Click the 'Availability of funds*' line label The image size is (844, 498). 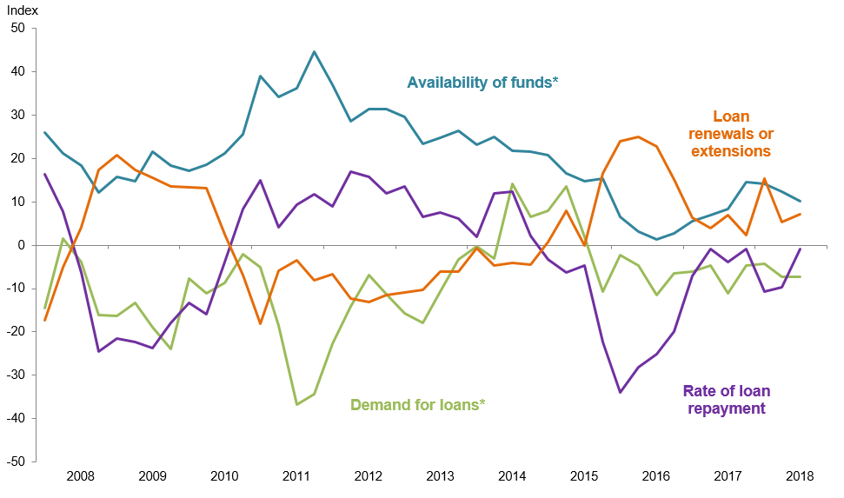(x=482, y=83)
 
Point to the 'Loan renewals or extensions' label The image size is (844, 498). (x=730, y=133)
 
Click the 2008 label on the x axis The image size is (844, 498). (x=80, y=476)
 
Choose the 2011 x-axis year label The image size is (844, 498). (x=296, y=476)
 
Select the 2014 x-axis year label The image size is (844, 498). (x=512, y=476)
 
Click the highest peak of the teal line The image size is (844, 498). (x=314, y=52)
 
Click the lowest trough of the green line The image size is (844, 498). (x=296, y=404)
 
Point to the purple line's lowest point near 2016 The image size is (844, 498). (x=620, y=392)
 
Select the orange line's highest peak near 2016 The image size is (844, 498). (x=638, y=136)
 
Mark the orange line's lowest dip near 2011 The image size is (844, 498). (x=260, y=323)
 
